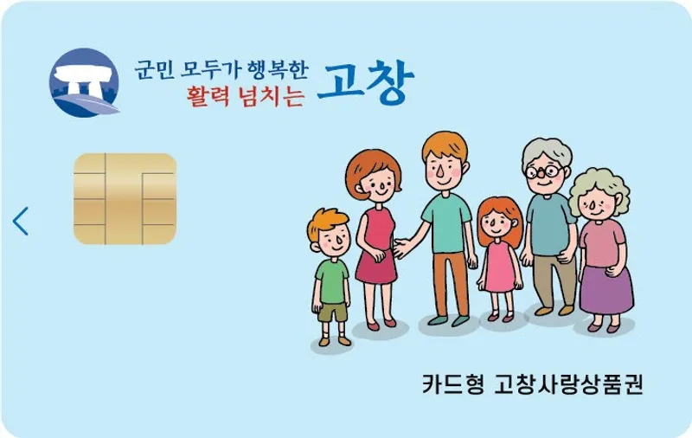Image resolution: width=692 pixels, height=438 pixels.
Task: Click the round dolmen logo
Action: pos(84,82)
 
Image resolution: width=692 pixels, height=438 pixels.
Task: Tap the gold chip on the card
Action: pos(125,199)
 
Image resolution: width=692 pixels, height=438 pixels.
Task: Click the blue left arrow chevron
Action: pos(21,221)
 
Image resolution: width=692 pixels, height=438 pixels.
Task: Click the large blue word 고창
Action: pos(365,81)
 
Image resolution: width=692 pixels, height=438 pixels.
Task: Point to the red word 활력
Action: pos(208,96)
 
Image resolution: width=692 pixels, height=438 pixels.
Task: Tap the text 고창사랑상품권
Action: pos(568,383)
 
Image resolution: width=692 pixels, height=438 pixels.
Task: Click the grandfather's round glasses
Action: pos(545,171)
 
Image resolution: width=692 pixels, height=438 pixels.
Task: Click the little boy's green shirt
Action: pos(332,281)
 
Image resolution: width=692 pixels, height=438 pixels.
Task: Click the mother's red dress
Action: pos(377,245)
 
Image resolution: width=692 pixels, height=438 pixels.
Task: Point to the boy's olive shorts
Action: pos(333,312)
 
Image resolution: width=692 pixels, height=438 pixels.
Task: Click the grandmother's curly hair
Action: pos(599,189)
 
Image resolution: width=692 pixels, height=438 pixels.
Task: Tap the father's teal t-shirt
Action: pos(446,223)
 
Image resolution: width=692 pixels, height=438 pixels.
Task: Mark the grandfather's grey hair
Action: pos(547,150)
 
